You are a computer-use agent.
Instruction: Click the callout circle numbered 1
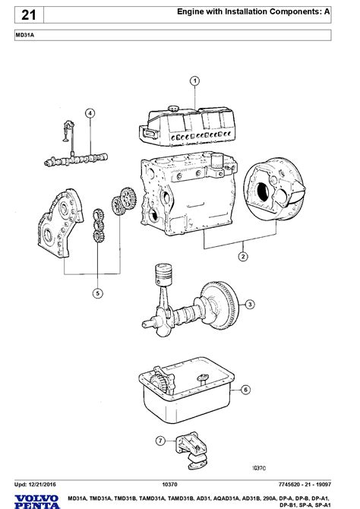[194, 81]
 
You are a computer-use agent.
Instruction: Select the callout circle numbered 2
[243, 257]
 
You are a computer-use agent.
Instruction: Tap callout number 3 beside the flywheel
[250, 305]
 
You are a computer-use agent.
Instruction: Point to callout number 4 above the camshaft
[90, 113]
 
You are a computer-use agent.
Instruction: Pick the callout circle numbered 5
[98, 293]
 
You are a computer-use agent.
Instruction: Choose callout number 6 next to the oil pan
[246, 390]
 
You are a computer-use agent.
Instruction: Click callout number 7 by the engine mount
[160, 441]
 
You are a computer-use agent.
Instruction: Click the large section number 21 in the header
[29, 15]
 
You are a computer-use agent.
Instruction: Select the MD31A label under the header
[24, 35]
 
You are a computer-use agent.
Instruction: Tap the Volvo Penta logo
[37, 501]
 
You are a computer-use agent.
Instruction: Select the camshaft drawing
[76, 160]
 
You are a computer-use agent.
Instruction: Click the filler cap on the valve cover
[173, 109]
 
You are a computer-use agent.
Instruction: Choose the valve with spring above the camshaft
[69, 131]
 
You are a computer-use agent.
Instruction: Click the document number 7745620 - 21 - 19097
[305, 485]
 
